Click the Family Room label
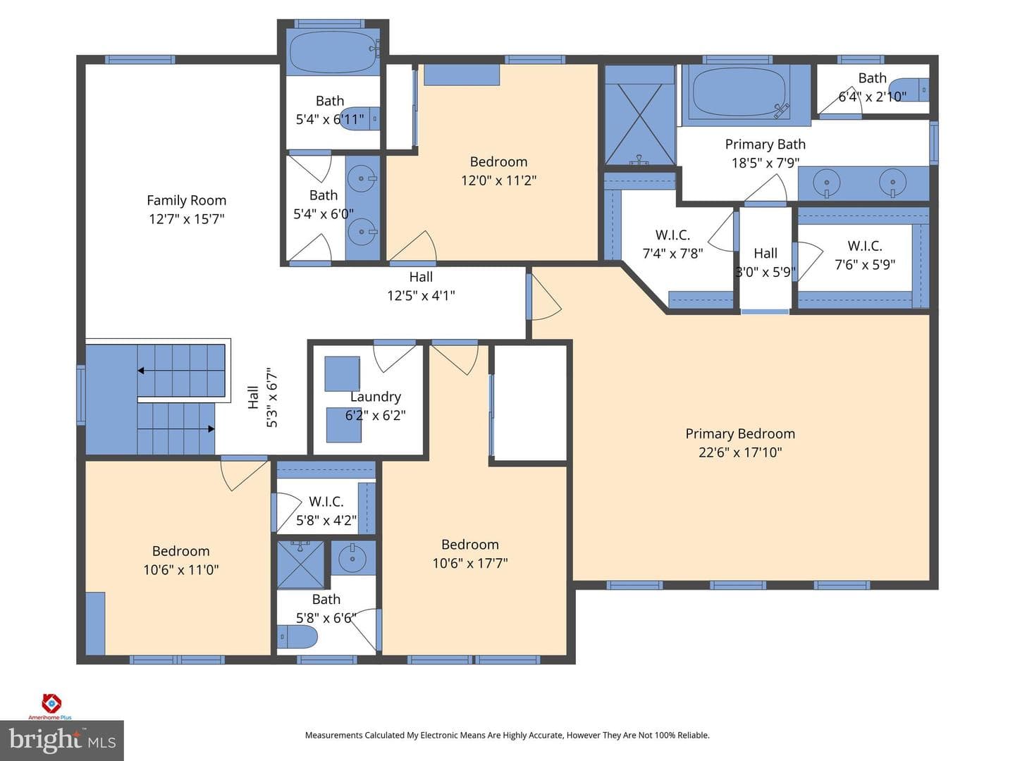point(186,201)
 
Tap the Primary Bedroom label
point(740,434)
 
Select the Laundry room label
point(375,397)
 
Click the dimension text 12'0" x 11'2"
point(498,180)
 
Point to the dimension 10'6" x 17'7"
point(470,563)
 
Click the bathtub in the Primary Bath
point(740,92)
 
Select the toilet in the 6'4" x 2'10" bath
point(909,89)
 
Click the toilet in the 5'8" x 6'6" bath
point(297,637)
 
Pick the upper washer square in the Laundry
point(342,373)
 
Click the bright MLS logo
point(62,741)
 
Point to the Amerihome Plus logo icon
point(51,703)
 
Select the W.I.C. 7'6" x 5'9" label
point(865,255)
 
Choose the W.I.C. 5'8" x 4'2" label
point(326,511)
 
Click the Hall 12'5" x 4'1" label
point(421,286)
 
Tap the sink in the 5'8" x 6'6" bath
point(352,559)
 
